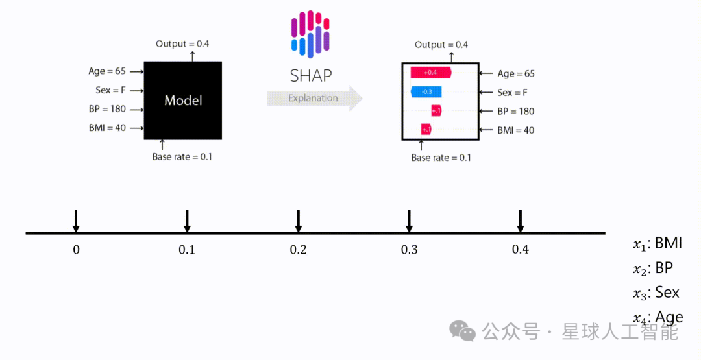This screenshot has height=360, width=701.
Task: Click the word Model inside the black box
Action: [x=183, y=101]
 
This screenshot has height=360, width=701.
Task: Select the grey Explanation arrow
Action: [x=314, y=99]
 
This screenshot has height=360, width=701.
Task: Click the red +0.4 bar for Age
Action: [x=430, y=73]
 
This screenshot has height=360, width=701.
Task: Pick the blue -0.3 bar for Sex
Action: [x=426, y=92]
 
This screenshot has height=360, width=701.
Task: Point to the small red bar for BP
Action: [x=436, y=111]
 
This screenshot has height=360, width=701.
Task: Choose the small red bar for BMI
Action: [x=426, y=130]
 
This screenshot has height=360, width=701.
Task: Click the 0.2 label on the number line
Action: [x=298, y=250]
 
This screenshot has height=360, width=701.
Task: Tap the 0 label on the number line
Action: [x=76, y=250]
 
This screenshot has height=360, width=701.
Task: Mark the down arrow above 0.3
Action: [x=409, y=221]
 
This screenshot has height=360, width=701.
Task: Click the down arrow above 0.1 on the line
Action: [x=187, y=221]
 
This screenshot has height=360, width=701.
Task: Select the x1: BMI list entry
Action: [x=658, y=244]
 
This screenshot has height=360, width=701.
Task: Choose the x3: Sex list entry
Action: [x=656, y=293]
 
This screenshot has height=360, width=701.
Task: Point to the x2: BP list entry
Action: [x=653, y=269]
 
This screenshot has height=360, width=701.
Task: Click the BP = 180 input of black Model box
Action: [x=107, y=109]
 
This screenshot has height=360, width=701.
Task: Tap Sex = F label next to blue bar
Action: [x=512, y=93]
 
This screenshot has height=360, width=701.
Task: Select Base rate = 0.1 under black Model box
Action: [x=182, y=156]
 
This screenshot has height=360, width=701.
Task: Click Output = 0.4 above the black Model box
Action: [x=182, y=44]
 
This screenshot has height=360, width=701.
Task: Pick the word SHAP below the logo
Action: [x=310, y=75]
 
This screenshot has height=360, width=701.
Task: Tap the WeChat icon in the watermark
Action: [x=463, y=332]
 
